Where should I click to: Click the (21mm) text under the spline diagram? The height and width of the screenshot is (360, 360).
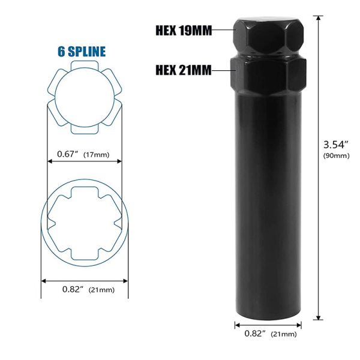(101, 289)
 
